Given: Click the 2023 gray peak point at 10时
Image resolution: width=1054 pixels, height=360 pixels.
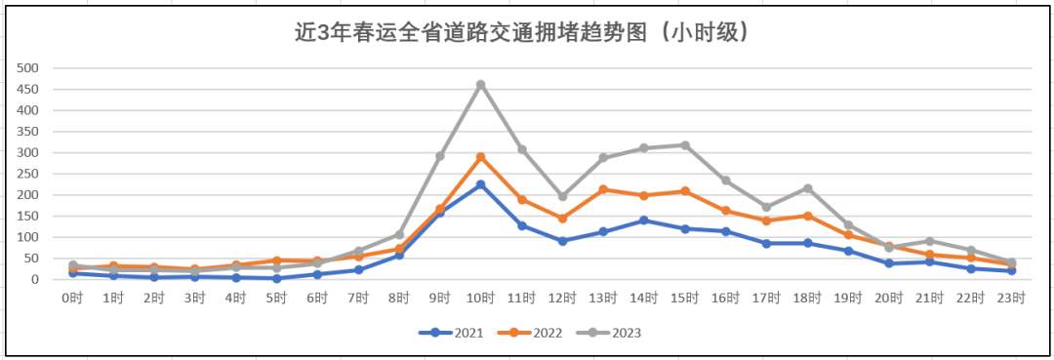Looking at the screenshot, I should point(481,85).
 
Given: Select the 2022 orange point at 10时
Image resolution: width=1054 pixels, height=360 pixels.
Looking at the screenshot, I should point(481,157).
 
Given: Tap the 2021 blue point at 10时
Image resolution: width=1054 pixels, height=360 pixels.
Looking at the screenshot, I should point(481,184).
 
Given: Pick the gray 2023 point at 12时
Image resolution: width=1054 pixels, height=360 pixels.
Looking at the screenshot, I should point(563,196).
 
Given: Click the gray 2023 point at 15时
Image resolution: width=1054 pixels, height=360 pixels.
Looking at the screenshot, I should point(686,145).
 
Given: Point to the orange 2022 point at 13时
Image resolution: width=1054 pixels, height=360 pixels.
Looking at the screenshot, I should point(604,189).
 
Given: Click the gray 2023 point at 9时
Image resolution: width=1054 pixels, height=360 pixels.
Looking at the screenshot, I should point(440,156).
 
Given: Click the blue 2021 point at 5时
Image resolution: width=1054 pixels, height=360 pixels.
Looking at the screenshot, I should point(277,278).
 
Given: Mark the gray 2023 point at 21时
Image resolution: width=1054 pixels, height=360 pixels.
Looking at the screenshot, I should point(930,241).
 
